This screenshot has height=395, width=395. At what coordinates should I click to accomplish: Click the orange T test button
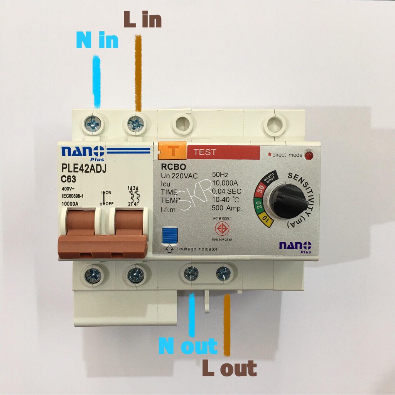172,151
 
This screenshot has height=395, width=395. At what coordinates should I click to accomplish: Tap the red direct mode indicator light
308,155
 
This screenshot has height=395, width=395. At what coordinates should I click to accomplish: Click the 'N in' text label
97,40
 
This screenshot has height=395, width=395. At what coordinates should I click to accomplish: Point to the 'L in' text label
142,20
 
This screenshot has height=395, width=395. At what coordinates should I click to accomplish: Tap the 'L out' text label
229,368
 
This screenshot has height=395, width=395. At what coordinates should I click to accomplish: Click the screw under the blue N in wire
93,124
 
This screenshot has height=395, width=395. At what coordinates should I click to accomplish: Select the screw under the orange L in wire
136,124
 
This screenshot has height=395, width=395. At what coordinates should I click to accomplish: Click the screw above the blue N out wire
191,273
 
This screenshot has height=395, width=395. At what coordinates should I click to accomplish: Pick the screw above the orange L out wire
223,273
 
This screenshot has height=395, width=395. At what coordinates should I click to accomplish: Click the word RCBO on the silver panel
174,167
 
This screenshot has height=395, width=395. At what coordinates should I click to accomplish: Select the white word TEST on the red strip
205,152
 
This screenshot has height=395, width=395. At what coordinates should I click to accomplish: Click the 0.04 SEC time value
226,192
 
